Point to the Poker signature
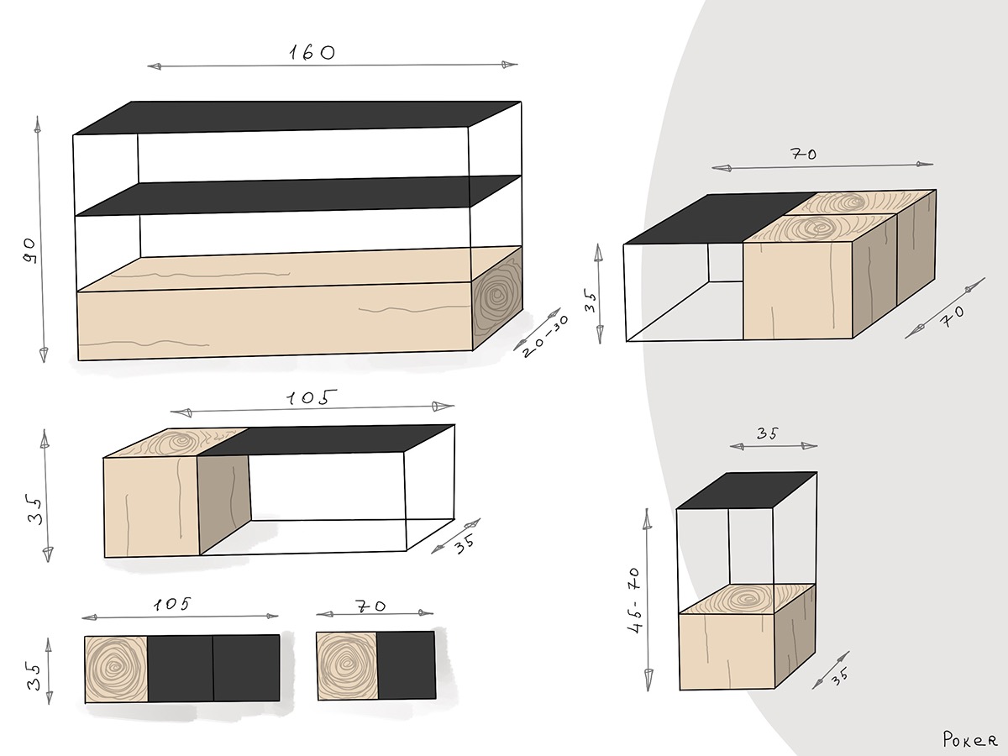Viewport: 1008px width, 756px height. (969, 740)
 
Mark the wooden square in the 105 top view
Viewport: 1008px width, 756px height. (117, 668)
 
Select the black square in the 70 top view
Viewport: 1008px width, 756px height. (406, 665)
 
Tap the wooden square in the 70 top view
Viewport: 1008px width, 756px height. (346, 665)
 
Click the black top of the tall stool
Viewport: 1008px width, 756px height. (746, 491)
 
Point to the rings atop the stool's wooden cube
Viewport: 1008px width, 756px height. (745, 599)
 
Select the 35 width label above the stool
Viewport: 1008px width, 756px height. (767, 434)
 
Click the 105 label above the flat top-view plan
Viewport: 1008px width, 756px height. (173, 604)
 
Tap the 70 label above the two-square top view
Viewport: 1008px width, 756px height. (370, 606)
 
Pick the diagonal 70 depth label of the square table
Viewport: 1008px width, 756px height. (953, 318)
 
